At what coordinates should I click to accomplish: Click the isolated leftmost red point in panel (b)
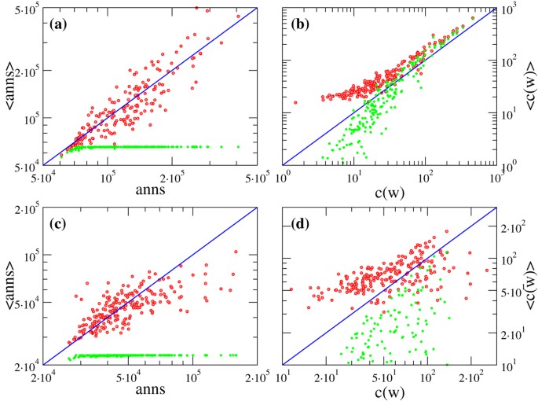295,102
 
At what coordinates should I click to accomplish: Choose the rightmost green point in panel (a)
238,146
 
